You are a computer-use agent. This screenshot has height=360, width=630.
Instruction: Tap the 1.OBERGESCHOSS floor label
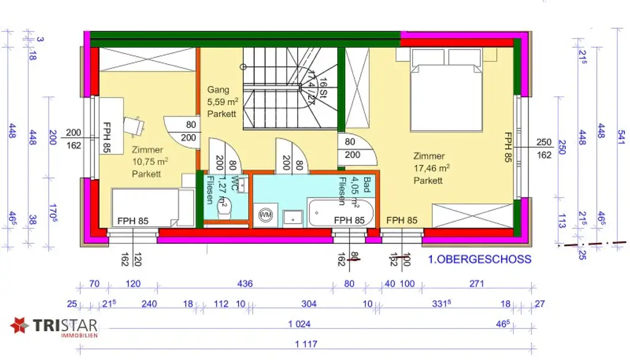pyautogui.click(x=479, y=259)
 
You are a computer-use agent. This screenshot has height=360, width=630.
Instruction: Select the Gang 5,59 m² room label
pyautogui.click(x=222, y=102)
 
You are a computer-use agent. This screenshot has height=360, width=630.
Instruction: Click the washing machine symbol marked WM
pyautogui.click(x=266, y=215)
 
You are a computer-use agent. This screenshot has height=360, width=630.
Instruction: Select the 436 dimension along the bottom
pyautogui.click(x=244, y=284)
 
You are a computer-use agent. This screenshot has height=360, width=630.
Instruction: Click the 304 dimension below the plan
pyautogui.click(x=309, y=303)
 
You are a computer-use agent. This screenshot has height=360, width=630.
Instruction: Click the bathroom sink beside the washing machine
pyautogui.click(x=293, y=215)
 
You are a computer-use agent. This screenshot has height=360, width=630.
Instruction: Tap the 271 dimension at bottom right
pyautogui.click(x=476, y=284)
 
